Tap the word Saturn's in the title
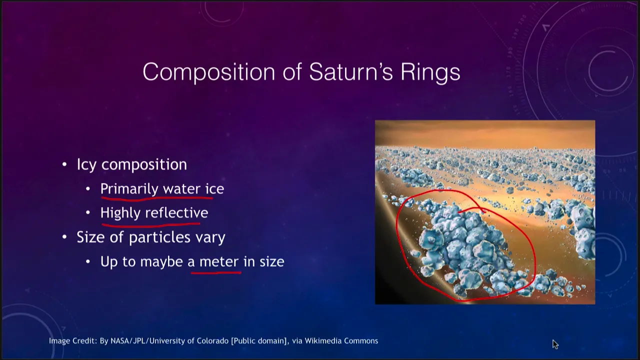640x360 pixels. [351, 71]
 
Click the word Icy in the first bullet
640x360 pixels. [86, 165]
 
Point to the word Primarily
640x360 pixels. [129, 189]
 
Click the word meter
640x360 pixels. [219, 262]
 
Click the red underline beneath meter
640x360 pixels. [216, 273]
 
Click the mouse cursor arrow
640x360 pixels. [555, 344]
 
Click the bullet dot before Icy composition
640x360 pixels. [64, 164]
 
